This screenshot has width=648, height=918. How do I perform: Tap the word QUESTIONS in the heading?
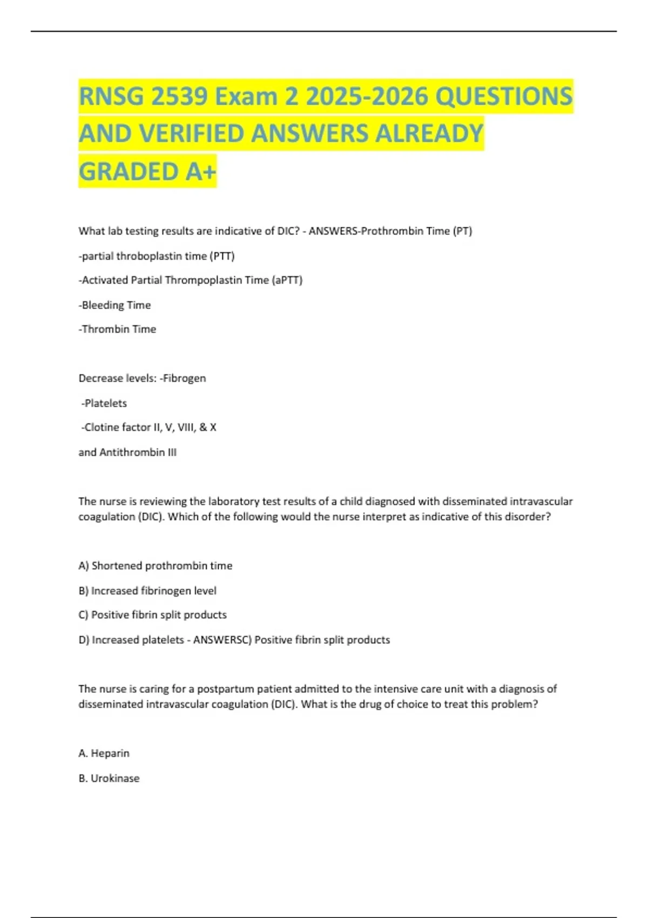(x=503, y=97)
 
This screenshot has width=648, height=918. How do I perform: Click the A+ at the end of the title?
(x=201, y=172)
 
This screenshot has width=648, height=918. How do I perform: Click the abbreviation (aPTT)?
(x=287, y=280)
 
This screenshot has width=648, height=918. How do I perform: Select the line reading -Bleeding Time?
(x=114, y=305)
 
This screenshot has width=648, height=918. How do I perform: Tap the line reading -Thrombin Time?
(x=117, y=329)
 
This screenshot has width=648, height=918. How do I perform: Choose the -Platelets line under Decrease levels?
(x=104, y=403)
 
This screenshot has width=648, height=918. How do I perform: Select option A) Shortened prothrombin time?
(x=156, y=566)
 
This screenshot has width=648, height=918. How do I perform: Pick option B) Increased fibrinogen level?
(x=147, y=591)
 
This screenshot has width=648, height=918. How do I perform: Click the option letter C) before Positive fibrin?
(x=83, y=615)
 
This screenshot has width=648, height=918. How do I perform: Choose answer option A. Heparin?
(x=104, y=753)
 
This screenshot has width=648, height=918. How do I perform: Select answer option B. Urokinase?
(x=109, y=779)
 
